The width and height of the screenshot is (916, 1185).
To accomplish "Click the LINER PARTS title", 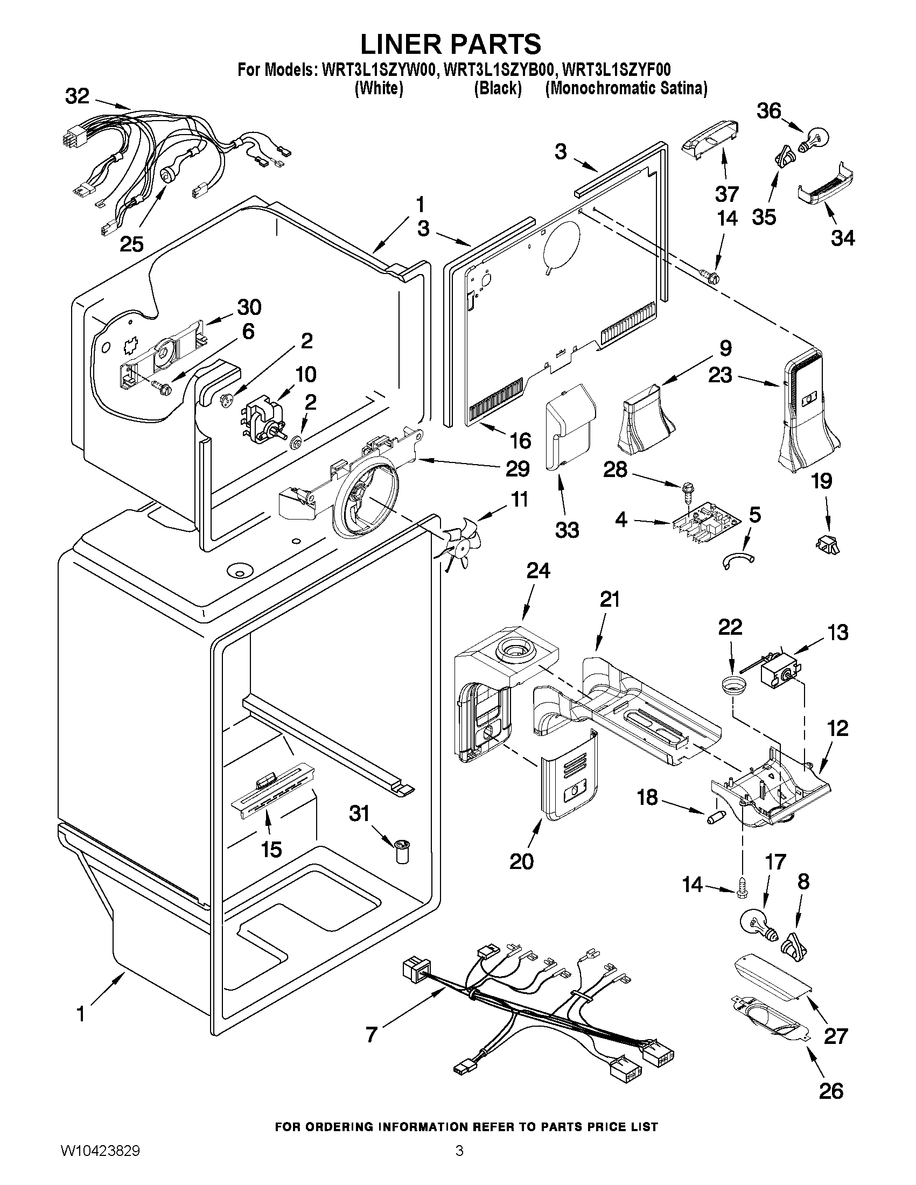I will [450, 44].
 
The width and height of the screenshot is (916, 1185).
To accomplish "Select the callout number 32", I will [77, 96].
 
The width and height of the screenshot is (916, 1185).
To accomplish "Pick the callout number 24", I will [538, 570].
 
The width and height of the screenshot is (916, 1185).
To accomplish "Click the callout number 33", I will [567, 530].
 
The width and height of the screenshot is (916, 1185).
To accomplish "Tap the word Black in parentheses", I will [498, 88].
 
